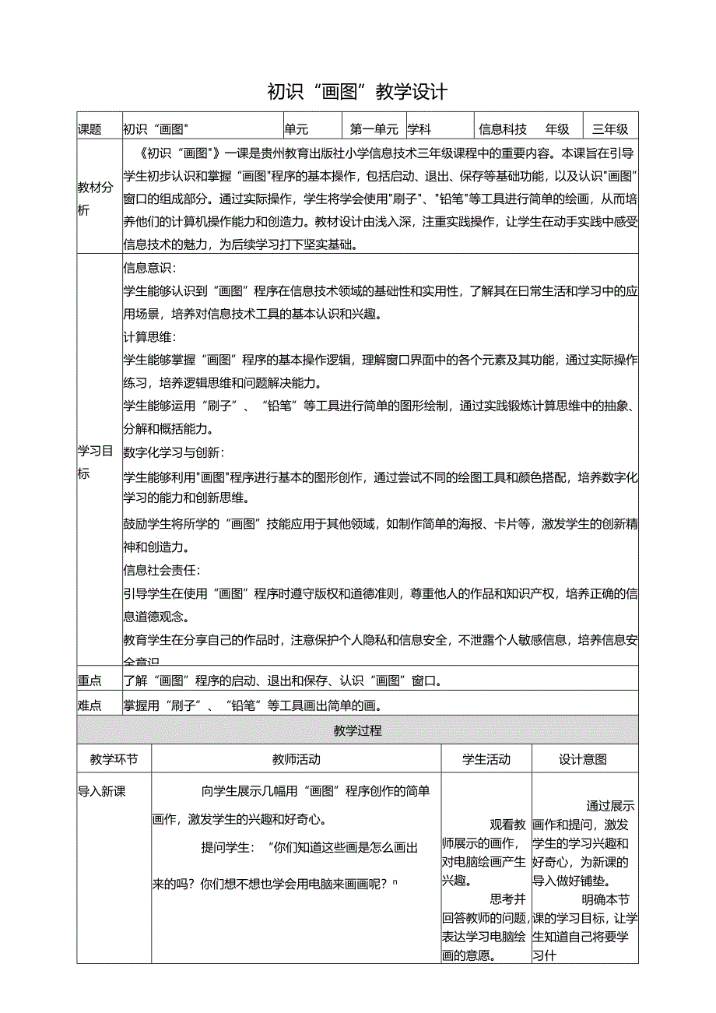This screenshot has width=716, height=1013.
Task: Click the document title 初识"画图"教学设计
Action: [x=357, y=92]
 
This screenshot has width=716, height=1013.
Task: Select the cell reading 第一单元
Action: [x=374, y=130]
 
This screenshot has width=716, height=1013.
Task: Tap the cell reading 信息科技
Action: [x=503, y=130]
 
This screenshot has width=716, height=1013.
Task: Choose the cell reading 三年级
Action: [x=610, y=130]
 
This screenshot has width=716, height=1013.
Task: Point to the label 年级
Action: [x=557, y=130]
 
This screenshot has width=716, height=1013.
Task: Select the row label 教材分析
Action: [x=95, y=199]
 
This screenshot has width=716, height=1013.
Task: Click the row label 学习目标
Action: [x=95, y=462]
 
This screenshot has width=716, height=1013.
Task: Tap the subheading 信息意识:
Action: [x=149, y=269]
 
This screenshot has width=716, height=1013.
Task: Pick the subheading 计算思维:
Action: [x=149, y=337]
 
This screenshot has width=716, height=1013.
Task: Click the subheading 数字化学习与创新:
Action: [x=174, y=452]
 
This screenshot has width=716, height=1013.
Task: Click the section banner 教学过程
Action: [x=357, y=731]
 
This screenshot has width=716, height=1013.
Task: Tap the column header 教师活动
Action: [x=296, y=759]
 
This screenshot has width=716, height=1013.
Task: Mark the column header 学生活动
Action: [x=486, y=759]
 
